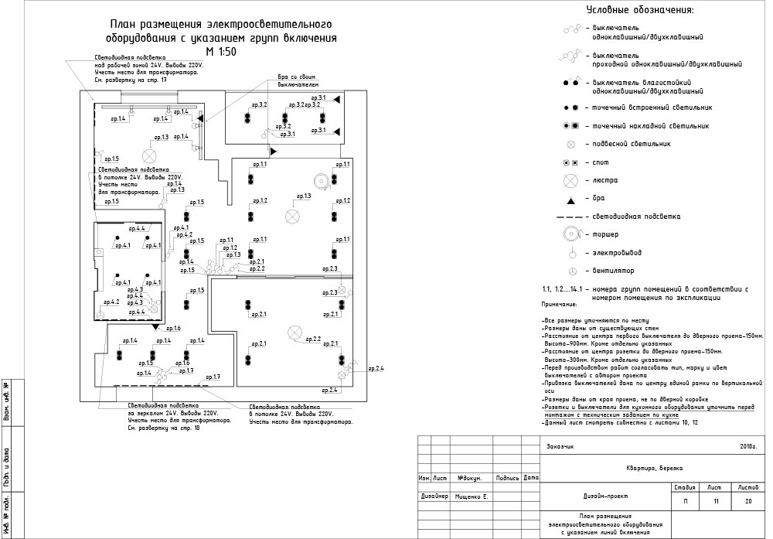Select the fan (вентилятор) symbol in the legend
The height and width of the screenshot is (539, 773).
coord(572,271)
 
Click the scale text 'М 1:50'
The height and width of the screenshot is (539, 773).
coord(221,52)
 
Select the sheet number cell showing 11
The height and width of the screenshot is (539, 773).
coord(715,502)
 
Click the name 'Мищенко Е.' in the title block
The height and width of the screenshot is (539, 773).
coord(473,496)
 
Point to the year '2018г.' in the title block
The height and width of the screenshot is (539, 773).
coord(747,447)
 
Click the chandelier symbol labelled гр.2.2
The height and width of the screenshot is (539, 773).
coord(293,333)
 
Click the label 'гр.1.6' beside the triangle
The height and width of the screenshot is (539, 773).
coord(172,329)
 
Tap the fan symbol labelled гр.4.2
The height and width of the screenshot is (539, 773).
coord(100,315)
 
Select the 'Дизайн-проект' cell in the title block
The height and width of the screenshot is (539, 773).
coord(601,496)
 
